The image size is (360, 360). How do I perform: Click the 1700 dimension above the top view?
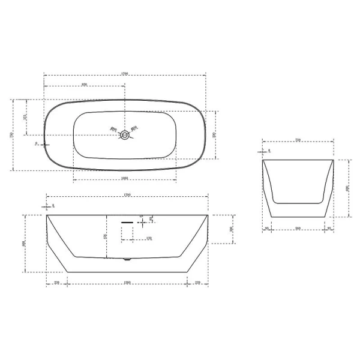click(125, 73)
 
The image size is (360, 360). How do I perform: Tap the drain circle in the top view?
click(125, 135)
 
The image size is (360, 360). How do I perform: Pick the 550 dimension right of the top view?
click(214, 136)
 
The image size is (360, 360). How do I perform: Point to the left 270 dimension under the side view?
click(56, 282)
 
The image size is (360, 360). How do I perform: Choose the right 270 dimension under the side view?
click(197, 282)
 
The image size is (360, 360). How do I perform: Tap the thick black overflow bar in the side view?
click(128, 221)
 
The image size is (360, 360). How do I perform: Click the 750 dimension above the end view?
click(297, 140)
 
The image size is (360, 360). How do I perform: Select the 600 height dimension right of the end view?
click(347, 188)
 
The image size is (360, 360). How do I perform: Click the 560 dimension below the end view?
click(298, 228)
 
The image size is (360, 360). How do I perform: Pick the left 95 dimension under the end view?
click(266, 228)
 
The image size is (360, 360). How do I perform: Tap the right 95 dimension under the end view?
click(329, 228)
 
